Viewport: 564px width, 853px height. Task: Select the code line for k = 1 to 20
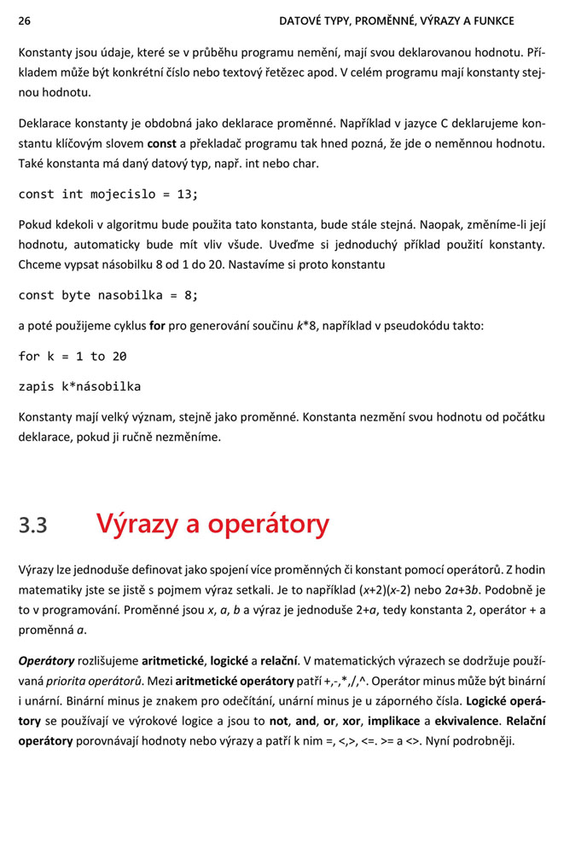(73, 357)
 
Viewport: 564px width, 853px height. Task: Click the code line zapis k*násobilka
(79, 386)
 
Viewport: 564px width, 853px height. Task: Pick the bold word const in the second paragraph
(162, 142)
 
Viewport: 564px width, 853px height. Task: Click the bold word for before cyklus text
(157, 326)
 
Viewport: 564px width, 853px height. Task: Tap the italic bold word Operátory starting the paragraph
(46, 660)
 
